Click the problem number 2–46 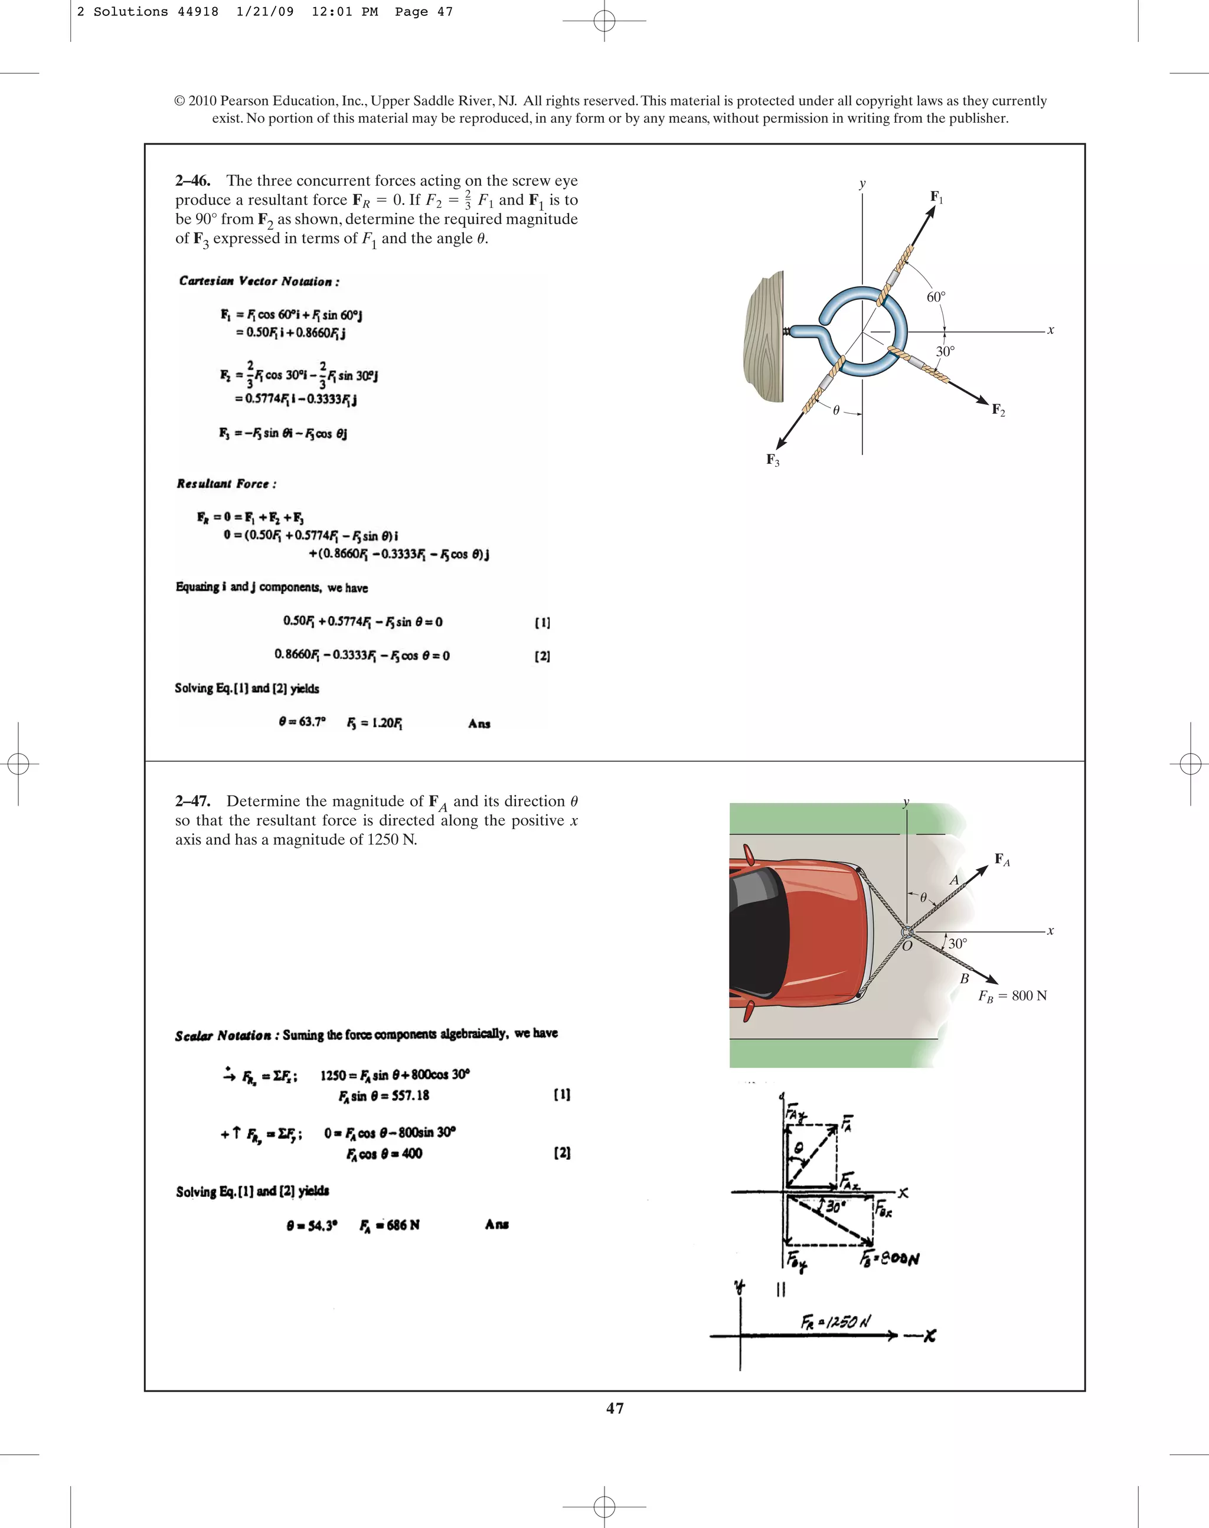point(192,181)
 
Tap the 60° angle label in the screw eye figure point(936,297)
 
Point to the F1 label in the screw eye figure point(936,197)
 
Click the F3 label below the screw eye point(773,460)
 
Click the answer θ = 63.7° point(302,722)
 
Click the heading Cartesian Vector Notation point(259,281)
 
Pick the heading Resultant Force point(227,484)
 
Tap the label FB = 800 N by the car point(1012,996)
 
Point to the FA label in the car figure point(1002,859)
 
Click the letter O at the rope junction point(907,945)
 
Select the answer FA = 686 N point(389,1225)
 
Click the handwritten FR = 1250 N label point(836,1321)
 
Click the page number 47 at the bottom point(615,1408)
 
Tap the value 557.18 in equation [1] point(410,1095)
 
